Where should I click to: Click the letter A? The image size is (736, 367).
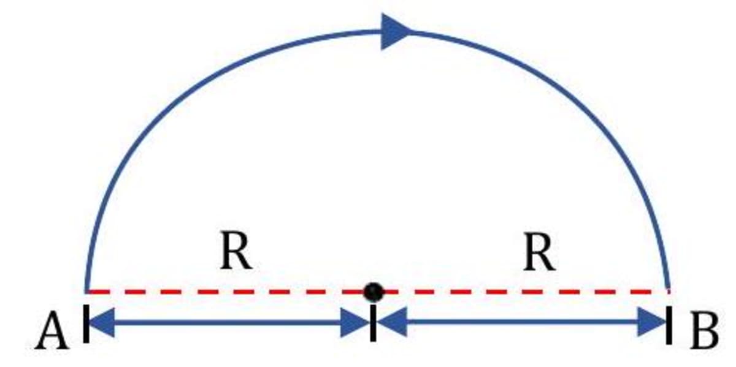[x=52, y=335]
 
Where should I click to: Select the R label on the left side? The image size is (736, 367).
[x=236, y=252]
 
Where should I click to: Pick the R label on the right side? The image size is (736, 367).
[x=540, y=252]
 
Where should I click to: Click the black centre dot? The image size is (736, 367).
[x=373, y=292]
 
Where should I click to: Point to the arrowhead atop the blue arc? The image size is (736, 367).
[x=396, y=31]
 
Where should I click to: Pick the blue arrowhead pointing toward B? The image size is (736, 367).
[x=651, y=322]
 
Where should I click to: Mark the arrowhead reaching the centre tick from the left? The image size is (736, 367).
[x=356, y=322]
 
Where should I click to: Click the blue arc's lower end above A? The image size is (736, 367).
[x=88, y=285]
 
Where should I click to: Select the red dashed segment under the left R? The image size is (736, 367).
[x=233, y=292]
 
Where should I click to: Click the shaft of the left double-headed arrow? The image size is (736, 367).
[x=230, y=322]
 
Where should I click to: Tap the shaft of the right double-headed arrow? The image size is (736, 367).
[x=521, y=322]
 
